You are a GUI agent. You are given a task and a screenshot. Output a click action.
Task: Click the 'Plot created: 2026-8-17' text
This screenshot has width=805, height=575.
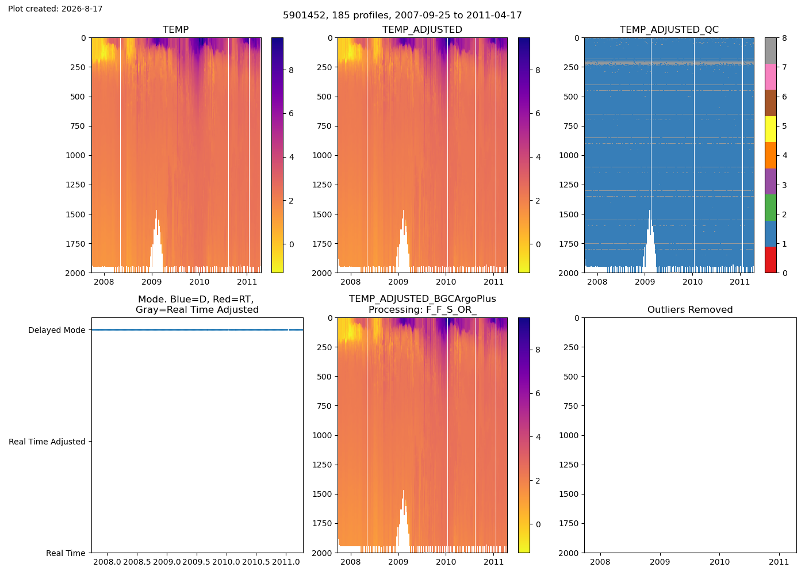55,9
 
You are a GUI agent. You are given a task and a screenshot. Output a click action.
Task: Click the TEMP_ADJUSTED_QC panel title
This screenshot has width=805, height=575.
669,29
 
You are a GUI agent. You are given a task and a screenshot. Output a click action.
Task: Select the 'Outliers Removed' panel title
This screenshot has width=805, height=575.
690,309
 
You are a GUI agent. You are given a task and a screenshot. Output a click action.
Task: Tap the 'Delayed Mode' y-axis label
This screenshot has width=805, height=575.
57,330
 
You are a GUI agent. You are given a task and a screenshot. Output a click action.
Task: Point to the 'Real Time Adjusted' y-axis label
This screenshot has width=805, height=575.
47,442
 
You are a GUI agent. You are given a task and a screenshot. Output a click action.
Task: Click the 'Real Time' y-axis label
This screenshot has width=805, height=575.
66,553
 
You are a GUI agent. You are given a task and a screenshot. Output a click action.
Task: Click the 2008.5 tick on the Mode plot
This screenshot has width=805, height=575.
137,562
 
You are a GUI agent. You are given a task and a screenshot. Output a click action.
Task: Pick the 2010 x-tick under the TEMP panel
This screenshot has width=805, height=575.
200,282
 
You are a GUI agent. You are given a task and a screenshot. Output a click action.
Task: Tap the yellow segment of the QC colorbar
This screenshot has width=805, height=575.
770,129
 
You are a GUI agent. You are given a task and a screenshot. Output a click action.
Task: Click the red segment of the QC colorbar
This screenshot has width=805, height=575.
770,260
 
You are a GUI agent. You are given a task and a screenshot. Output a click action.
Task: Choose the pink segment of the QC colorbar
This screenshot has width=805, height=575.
770,77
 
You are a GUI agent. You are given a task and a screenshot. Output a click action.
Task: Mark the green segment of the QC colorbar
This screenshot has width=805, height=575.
770,208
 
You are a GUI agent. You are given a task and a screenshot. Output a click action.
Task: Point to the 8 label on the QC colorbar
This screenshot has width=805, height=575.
784,38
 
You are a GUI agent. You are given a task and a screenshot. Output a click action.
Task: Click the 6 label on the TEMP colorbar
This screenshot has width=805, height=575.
291,113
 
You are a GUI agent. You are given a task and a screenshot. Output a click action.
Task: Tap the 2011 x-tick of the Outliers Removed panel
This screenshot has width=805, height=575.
779,562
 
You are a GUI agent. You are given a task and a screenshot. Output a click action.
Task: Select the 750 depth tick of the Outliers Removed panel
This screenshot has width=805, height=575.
571,406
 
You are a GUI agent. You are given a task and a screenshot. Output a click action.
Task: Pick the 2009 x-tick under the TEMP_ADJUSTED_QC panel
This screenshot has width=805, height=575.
645,282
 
